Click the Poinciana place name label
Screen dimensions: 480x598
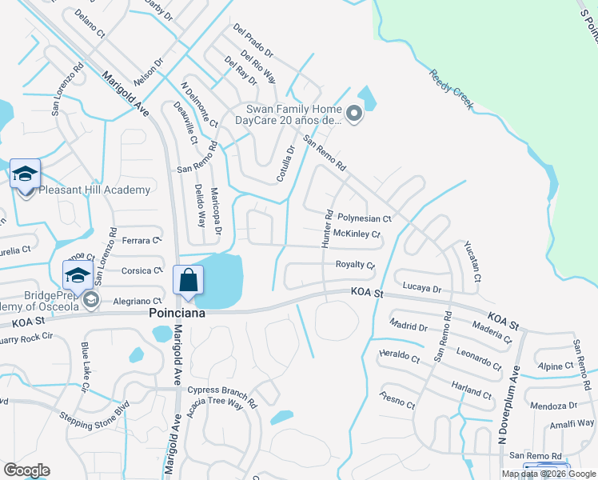(177, 314)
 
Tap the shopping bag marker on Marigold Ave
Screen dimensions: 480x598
(188, 282)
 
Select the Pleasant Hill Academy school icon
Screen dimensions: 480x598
(25, 174)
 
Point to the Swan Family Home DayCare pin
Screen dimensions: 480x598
(354, 116)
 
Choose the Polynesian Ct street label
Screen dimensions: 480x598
(364, 218)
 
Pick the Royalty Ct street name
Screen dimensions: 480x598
(355, 264)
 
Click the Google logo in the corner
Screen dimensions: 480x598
(26, 470)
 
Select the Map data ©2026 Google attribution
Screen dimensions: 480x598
(548, 474)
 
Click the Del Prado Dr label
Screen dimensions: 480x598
(253, 41)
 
